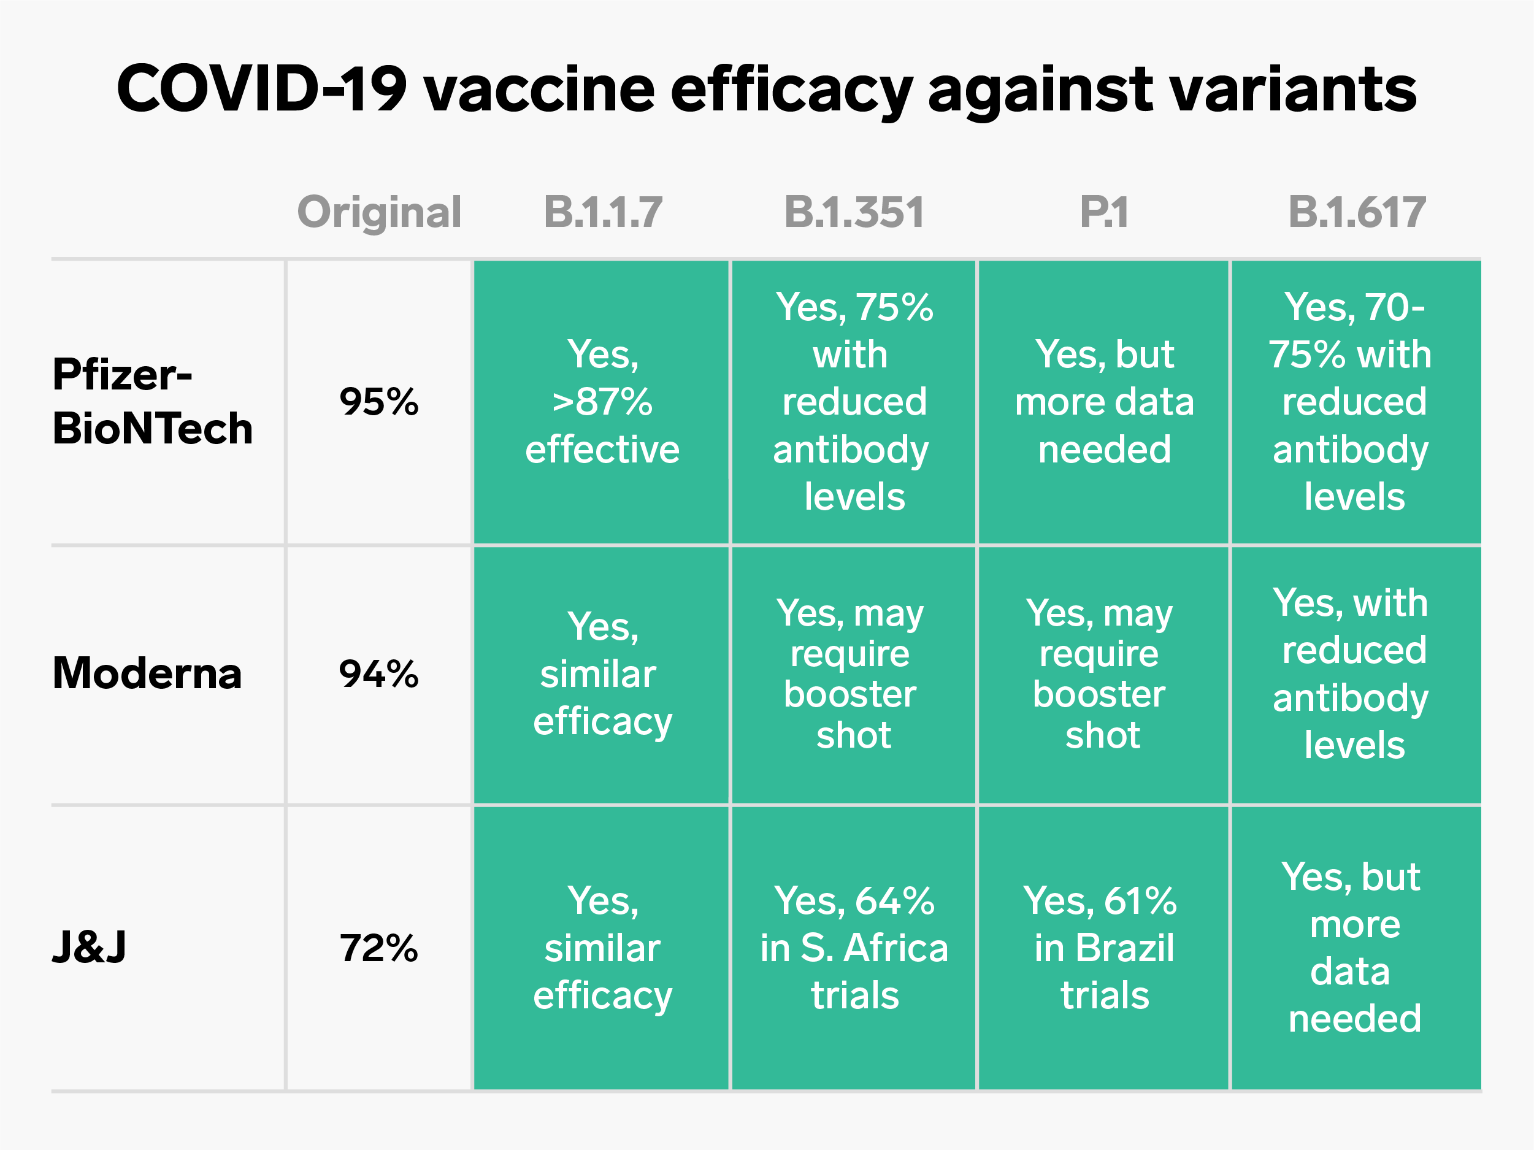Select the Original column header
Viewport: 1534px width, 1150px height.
(x=378, y=212)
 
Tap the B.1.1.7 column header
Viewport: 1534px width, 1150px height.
(x=603, y=212)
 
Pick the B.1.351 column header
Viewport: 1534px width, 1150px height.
(x=854, y=212)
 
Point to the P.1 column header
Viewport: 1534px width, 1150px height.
(x=1104, y=212)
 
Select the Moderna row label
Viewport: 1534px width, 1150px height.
(x=147, y=673)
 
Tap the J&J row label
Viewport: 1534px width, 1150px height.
(x=90, y=947)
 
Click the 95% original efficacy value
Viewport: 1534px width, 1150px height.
(x=378, y=402)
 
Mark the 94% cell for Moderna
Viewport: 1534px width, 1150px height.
(x=378, y=673)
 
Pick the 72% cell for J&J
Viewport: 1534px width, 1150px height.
(x=378, y=948)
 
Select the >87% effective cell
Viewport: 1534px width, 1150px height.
(x=602, y=402)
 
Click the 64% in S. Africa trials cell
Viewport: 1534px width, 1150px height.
(x=854, y=948)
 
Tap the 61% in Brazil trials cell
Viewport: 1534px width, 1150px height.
(x=1104, y=948)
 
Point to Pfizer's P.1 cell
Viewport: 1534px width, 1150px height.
(x=1104, y=402)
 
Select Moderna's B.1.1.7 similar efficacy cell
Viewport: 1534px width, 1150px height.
(x=602, y=673)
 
